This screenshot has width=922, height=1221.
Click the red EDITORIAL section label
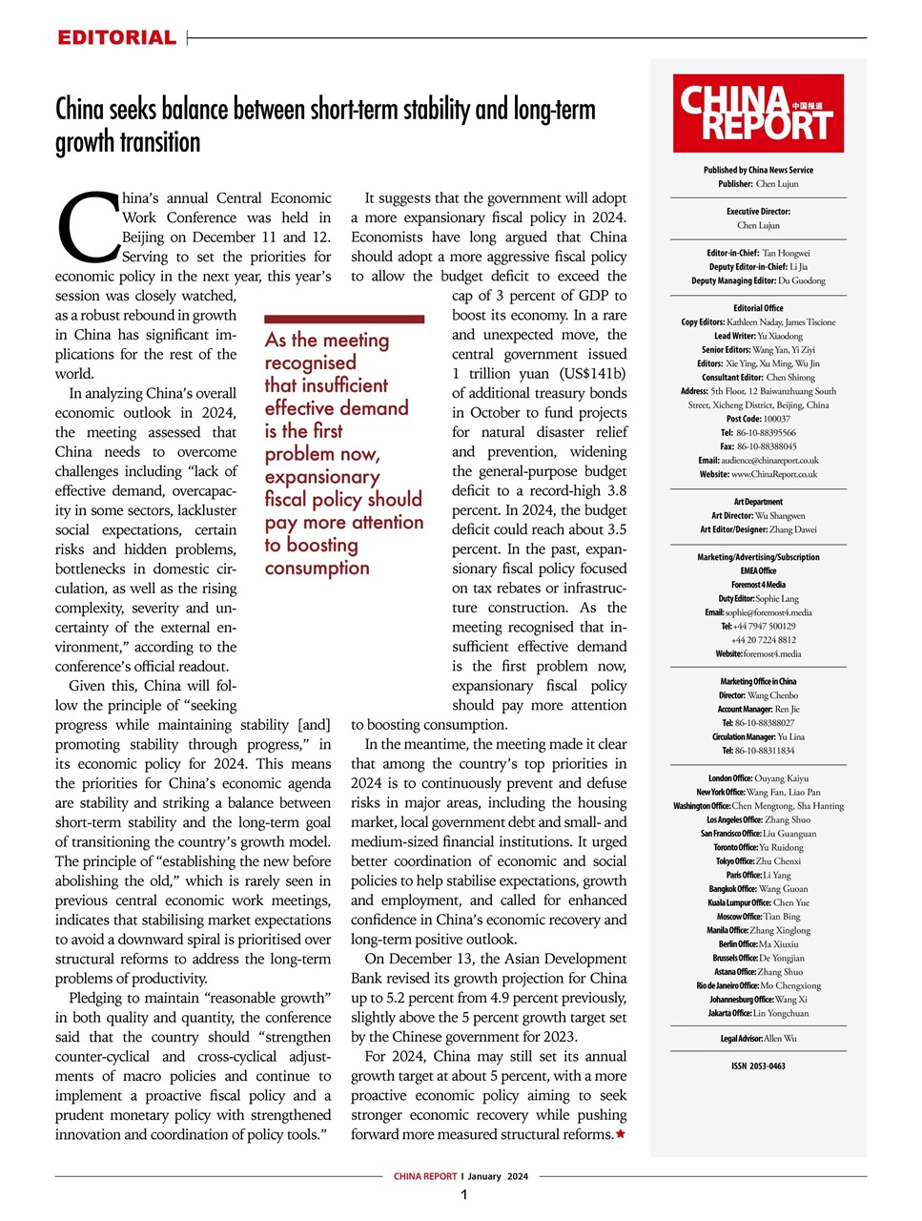(116, 38)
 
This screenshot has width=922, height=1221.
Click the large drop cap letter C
(87, 228)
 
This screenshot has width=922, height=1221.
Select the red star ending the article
(621, 1134)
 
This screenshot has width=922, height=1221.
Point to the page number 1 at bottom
(463, 1195)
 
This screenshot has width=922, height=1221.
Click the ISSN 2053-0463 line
(758, 1066)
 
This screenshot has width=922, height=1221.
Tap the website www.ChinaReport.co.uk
(758, 474)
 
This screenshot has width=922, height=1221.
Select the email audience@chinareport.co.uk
(758, 460)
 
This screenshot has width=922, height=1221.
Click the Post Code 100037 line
(758, 419)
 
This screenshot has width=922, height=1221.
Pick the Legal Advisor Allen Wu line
(758, 1039)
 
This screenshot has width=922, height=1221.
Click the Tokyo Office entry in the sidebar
(758, 861)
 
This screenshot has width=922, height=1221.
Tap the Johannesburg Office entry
(758, 1000)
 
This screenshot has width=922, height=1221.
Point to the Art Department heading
(758, 502)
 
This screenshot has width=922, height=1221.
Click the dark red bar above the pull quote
(344, 320)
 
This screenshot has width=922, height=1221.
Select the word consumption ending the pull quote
(317, 569)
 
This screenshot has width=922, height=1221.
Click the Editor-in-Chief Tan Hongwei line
(758, 254)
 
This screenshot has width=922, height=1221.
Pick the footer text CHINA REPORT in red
(425, 1177)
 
